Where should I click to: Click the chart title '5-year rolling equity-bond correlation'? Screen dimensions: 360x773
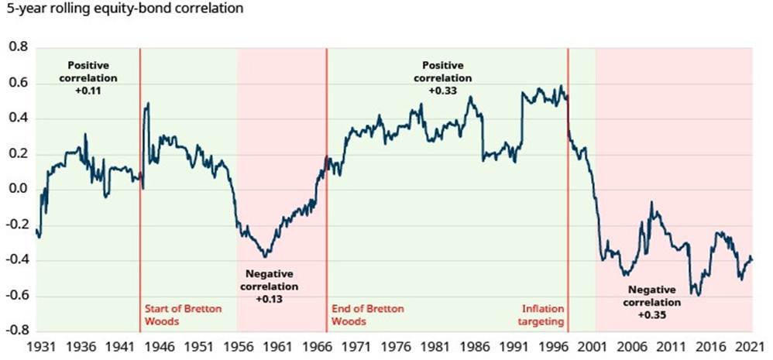(124, 10)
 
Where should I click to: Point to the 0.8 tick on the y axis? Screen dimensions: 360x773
(16, 47)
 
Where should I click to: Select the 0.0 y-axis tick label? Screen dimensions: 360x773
(16, 190)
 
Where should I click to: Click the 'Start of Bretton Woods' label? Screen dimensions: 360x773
(183, 315)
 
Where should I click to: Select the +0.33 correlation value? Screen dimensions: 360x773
(442, 91)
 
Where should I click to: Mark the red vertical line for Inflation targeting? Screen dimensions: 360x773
(569, 194)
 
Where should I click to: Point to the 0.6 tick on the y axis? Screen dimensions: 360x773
(16, 83)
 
